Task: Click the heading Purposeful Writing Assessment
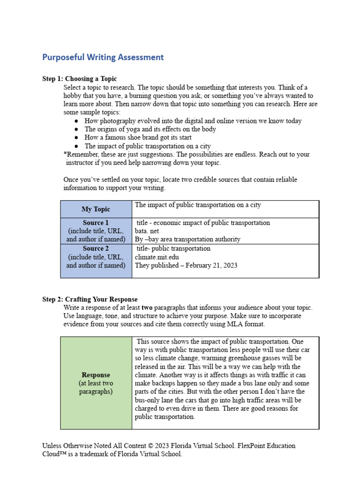pyautogui.click(x=103, y=57)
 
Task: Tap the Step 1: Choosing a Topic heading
pyautogui.click(x=80, y=79)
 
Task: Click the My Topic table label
pyautogui.click(x=96, y=209)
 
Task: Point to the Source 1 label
pyautogui.click(x=96, y=223)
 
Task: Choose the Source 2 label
pyautogui.click(x=96, y=248)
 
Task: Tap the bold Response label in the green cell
pyautogui.click(x=96, y=375)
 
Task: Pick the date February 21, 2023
pyautogui.click(x=211, y=265)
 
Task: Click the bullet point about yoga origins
pyautogui.click(x=150, y=129)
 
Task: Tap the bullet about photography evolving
pyautogui.click(x=193, y=120)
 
